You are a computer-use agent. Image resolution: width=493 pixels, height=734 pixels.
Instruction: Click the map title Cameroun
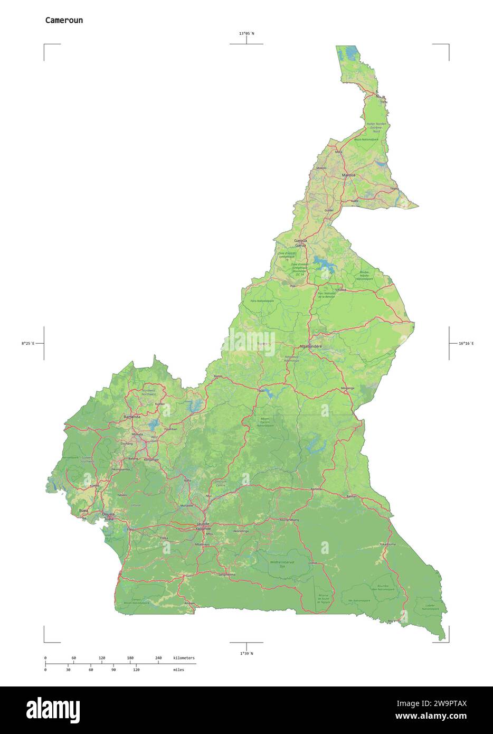[63, 21]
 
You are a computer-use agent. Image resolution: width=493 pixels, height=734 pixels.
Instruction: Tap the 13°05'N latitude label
[246, 34]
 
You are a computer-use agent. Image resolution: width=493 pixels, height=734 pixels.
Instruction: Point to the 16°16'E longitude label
[466, 344]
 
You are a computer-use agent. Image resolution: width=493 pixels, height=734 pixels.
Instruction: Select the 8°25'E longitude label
[28, 344]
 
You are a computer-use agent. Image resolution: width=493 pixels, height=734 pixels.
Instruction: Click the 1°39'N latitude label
[246, 653]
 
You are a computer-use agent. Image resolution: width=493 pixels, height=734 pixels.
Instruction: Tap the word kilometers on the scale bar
[184, 658]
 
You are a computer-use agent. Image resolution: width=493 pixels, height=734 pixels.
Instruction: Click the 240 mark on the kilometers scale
[158, 658]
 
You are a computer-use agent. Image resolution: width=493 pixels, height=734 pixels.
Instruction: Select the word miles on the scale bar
[178, 670]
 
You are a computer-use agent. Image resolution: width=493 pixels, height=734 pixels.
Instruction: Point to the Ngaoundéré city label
[310, 346]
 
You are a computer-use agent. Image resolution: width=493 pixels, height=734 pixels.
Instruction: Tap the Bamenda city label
[132, 417]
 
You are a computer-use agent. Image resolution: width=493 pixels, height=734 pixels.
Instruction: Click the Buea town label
[83, 511]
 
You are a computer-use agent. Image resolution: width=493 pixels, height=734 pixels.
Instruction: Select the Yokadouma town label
[387, 544]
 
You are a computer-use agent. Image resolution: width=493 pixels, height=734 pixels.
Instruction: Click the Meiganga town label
[348, 388]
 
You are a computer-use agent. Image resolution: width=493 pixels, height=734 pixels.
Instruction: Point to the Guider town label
[329, 210]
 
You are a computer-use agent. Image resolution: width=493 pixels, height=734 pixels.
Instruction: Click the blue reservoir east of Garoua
[320, 261]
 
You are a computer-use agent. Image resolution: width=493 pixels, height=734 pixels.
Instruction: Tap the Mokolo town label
[321, 168]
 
